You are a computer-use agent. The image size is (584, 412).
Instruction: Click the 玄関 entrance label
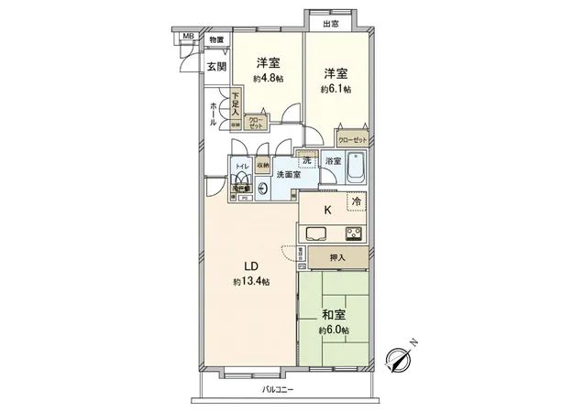[215, 65]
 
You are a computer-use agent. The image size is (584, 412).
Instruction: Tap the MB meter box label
[188, 36]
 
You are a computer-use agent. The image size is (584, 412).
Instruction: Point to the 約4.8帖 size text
[268, 78]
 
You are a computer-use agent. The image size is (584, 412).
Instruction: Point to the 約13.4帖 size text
[250, 281]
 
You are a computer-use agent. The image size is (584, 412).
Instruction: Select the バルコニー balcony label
[279, 389]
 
